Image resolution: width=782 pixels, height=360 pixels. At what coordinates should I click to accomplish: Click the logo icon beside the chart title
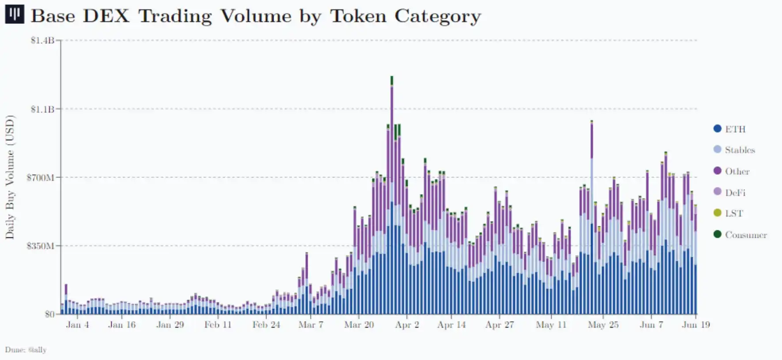click(x=14, y=15)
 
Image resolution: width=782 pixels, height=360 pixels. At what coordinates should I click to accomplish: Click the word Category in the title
click(x=437, y=16)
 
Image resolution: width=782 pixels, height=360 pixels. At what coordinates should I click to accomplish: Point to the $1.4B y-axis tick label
click(x=42, y=41)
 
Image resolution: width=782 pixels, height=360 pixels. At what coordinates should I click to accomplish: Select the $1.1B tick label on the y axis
click(x=42, y=109)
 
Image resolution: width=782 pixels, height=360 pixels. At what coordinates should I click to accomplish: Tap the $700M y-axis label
click(x=41, y=177)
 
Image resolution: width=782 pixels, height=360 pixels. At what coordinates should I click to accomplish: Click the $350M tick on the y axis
click(x=41, y=246)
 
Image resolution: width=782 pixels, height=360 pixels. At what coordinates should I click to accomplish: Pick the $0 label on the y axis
click(x=49, y=314)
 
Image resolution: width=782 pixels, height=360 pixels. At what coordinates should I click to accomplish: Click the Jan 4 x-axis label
click(x=77, y=325)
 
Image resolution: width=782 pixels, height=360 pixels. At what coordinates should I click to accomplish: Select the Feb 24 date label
click(x=266, y=325)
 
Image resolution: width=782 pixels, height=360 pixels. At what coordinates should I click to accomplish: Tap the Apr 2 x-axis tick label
click(x=407, y=325)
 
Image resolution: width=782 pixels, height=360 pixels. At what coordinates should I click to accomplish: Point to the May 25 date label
click(x=603, y=325)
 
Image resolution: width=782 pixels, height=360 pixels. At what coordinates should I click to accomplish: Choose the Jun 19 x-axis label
click(x=696, y=325)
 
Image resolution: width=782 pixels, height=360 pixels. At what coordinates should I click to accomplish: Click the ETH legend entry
click(x=735, y=129)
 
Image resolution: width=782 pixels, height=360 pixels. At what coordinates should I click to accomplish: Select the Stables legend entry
click(x=740, y=150)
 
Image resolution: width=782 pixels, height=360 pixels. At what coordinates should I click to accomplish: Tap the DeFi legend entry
click(x=735, y=193)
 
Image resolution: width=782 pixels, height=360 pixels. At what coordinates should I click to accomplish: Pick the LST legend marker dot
click(x=718, y=213)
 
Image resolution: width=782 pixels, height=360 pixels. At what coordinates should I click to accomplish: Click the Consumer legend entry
click(x=745, y=235)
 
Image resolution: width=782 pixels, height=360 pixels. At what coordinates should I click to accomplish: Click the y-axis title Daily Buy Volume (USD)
click(x=10, y=177)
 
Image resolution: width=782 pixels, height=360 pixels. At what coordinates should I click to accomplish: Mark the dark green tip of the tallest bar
click(x=391, y=80)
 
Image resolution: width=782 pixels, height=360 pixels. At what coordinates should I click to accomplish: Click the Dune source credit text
click(x=26, y=350)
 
